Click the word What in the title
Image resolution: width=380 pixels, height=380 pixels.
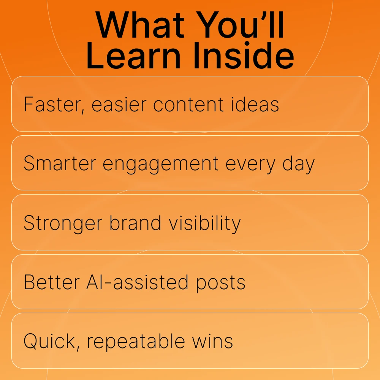(x=140, y=25)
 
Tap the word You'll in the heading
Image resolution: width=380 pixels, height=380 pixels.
(x=240, y=25)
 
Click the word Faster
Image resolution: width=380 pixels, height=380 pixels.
(x=54, y=105)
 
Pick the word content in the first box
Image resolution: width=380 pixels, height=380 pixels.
(x=188, y=105)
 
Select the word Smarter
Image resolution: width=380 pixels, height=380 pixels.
(x=60, y=163)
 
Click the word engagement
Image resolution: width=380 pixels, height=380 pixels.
(x=161, y=164)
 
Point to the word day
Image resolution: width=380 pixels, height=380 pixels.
(x=299, y=164)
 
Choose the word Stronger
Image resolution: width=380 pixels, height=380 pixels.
(x=63, y=223)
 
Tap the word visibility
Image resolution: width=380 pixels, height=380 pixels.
(x=204, y=223)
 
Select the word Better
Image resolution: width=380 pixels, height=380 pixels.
(x=52, y=282)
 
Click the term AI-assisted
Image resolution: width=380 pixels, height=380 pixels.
(x=137, y=282)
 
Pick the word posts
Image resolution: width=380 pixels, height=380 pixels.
(x=220, y=283)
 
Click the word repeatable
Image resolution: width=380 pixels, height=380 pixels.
(x=136, y=342)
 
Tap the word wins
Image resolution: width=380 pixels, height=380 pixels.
(x=212, y=341)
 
